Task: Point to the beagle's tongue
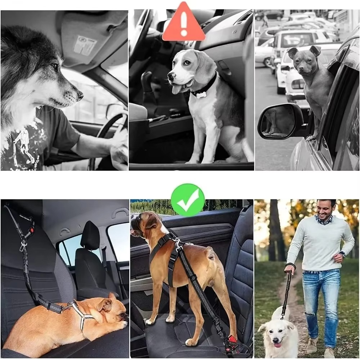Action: click(177, 89)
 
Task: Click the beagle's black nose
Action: click(171, 76)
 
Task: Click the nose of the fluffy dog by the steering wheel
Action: click(80, 95)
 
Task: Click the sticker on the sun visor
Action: click(86, 44)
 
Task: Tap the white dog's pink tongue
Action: click(278, 345)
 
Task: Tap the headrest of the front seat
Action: click(90, 236)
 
